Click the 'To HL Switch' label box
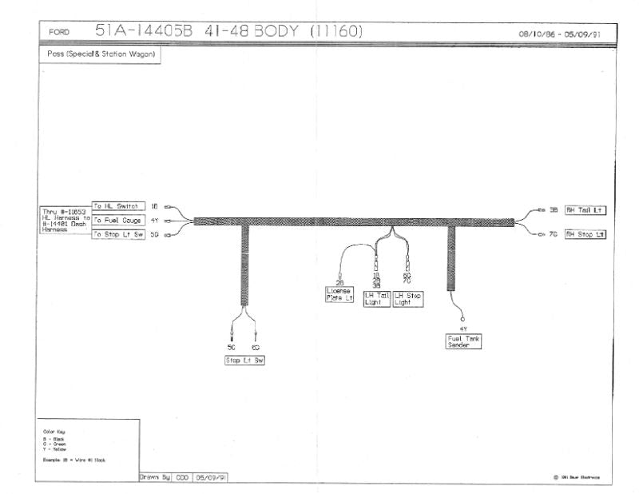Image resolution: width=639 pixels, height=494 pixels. pos(118,206)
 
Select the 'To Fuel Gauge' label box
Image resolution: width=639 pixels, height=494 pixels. pos(118,220)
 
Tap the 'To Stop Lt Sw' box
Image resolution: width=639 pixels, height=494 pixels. pos(118,234)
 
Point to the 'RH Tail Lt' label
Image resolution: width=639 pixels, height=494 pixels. pos(585,210)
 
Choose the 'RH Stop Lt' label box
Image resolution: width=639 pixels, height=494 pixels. pos(585,234)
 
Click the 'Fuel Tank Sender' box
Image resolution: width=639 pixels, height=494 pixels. pos(464,341)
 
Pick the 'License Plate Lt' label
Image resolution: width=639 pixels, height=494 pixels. pos(339,294)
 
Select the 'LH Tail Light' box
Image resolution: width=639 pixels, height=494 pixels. pos(377,299)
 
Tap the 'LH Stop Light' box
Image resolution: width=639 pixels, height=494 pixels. pos(408,299)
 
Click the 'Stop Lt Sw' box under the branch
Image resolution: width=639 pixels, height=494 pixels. pos(244,361)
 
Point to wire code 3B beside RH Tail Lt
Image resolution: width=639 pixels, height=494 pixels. pos(554,210)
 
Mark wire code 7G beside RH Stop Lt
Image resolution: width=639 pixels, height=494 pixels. pos(554,234)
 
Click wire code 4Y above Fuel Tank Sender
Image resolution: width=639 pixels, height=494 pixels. pos(463,329)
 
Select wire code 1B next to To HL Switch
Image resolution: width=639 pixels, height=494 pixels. pos(156,206)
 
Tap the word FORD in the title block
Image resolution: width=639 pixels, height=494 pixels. pos(59,33)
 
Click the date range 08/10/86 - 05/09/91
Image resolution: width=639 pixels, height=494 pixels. pos(559,34)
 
